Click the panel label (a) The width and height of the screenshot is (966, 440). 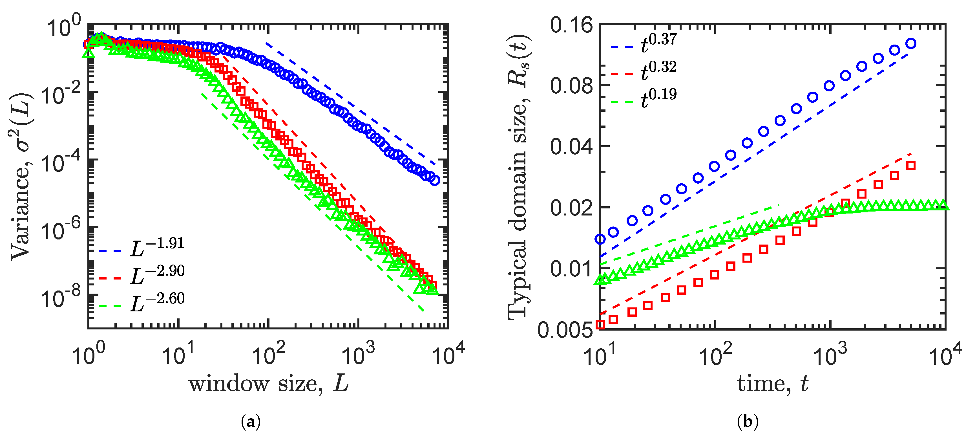[251, 422]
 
